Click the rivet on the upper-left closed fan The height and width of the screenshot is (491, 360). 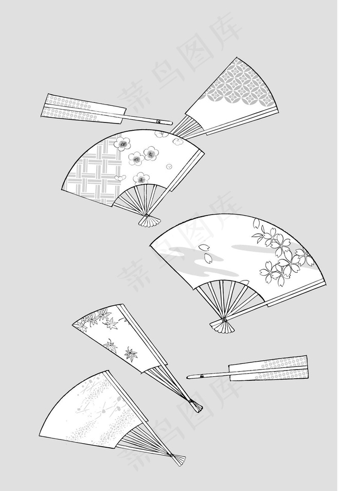click(159, 121)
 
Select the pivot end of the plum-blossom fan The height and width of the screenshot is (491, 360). click(149, 220)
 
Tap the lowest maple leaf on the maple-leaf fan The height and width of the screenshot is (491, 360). click(131, 354)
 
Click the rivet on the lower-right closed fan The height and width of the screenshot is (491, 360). click(202, 376)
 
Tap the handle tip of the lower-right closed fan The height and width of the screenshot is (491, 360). click(189, 377)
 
